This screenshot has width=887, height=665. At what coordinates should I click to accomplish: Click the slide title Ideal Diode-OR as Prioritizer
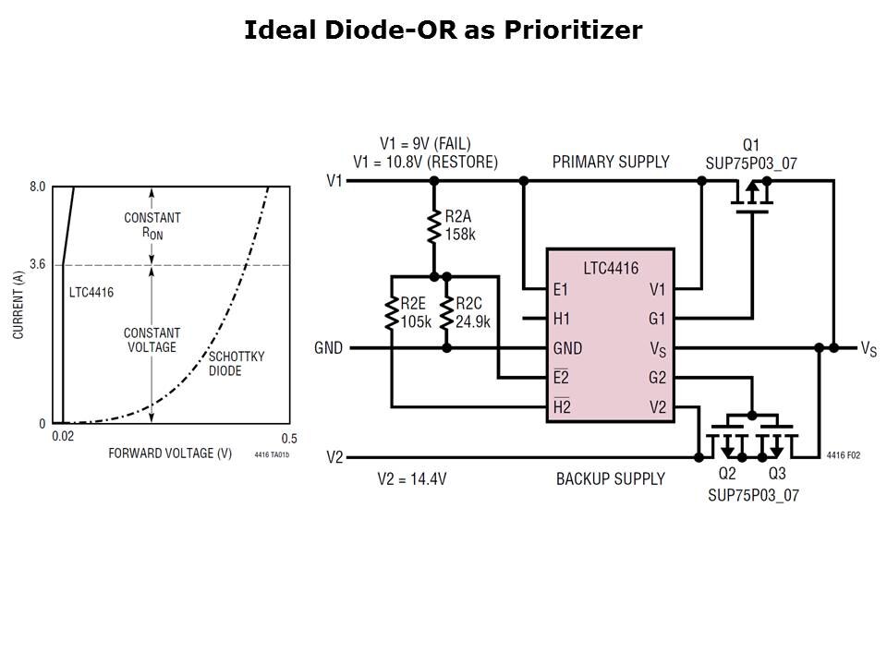443,30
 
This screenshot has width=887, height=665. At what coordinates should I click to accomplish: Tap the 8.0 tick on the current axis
37,187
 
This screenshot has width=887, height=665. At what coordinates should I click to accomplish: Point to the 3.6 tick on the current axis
37,265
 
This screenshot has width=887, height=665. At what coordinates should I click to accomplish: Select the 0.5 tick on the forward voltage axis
289,439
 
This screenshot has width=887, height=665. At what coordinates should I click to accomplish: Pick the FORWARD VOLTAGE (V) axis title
170,453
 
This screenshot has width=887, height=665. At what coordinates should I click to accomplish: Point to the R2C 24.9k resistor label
472,313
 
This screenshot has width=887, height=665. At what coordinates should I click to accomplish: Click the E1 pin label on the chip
561,289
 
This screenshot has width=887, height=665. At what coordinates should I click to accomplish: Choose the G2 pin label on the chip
657,377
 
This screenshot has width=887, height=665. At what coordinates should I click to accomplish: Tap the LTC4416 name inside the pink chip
610,267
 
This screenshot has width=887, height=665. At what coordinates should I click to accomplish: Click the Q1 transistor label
751,145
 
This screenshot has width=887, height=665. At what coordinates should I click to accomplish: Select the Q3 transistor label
777,474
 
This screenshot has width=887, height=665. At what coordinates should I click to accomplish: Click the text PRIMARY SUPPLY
611,162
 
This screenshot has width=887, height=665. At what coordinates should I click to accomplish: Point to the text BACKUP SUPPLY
610,478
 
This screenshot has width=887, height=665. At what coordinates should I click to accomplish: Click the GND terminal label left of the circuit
328,348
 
